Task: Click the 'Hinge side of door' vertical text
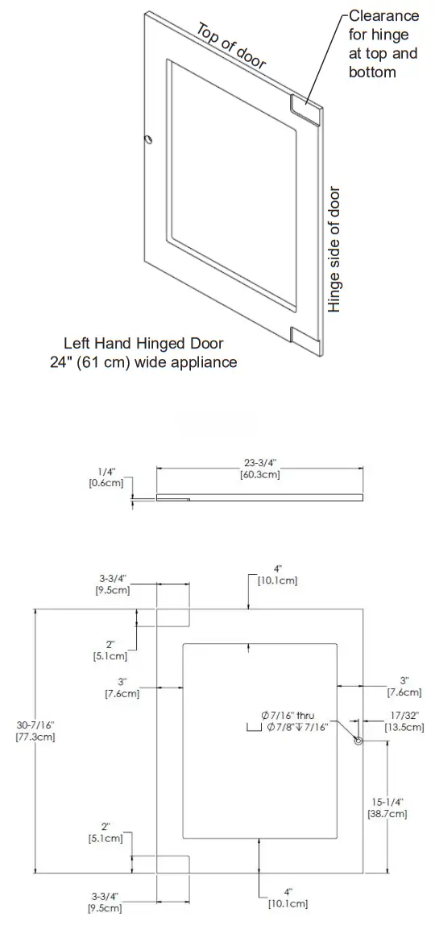pos(335,250)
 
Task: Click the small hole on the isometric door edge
pos(148,138)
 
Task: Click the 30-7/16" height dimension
pos(35,731)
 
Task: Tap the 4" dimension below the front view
pos(288,898)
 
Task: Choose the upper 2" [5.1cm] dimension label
pos(110,650)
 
